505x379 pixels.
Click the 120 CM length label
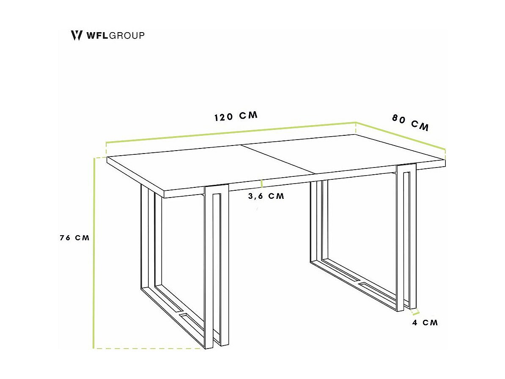point(236,116)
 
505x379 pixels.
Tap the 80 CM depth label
point(410,123)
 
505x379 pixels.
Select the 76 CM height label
point(75,238)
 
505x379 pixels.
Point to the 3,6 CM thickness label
point(266,196)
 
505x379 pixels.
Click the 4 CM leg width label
point(425,323)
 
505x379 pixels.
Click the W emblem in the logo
point(76,35)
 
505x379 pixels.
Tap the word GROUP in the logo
point(126,35)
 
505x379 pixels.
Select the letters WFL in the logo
point(97,35)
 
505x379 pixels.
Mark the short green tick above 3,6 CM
point(262,184)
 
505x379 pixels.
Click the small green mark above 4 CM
point(415,313)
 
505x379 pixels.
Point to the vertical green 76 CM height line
point(93,254)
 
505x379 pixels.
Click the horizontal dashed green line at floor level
point(148,348)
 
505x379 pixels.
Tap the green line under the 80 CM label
point(401,136)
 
